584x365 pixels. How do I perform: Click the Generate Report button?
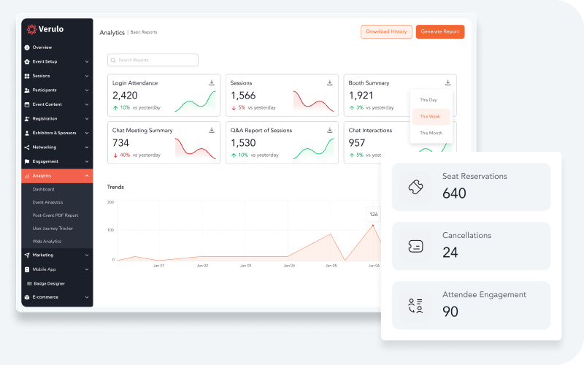click(439, 32)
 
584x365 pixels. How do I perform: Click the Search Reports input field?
click(153, 60)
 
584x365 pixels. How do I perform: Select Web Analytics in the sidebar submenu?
click(47, 241)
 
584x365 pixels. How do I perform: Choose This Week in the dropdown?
click(431, 117)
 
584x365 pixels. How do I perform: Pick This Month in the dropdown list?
click(431, 133)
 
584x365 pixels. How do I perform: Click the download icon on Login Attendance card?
click(212, 82)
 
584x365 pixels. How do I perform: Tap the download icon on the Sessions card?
click(330, 82)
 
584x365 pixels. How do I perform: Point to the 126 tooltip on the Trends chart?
click(374, 214)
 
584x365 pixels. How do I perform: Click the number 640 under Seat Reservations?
click(454, 193)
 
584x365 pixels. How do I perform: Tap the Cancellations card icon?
click(415, 246)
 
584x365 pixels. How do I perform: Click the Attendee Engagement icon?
click(415, 305)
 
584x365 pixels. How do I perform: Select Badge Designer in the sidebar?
click(49, 283)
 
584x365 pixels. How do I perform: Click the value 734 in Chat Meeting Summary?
click(120, 143)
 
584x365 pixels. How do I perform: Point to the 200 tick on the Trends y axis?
click(110, 202)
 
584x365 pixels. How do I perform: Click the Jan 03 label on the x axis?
click(245, 266)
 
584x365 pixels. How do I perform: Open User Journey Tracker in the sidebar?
click(53, 228)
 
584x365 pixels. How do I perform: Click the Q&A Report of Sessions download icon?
click(330, 130)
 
